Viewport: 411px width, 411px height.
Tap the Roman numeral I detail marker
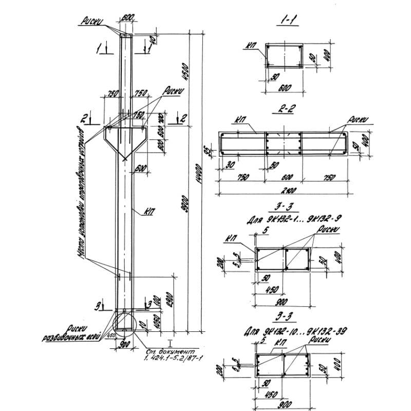click(170, 341)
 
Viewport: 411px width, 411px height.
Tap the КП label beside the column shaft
click(150, 211)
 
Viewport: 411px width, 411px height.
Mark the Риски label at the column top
click(92, 21)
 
